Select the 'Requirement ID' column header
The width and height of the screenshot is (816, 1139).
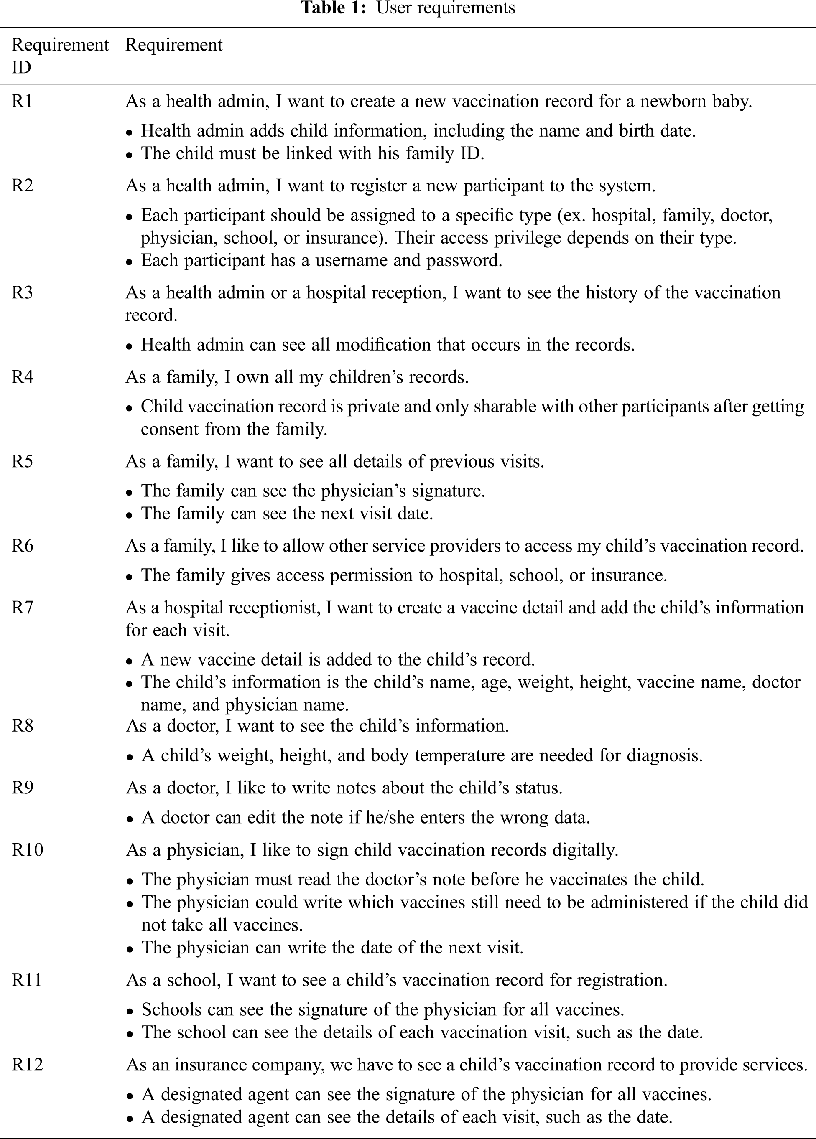(60, 56)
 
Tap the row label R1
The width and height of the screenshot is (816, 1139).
(22, 102)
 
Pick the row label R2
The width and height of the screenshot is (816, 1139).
(23, 186)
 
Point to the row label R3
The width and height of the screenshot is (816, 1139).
(23, 293)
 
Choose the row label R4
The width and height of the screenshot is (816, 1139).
(23, 377)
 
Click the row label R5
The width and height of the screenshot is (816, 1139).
(23, 462)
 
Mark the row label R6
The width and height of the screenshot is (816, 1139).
(23, 546)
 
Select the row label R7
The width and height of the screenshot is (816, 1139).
(23, 608)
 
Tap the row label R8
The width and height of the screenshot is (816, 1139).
(23, 726)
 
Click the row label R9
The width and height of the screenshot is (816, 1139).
(23, 788)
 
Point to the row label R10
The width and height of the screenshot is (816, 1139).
(28, 850)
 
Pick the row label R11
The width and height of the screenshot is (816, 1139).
(27, 980)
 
